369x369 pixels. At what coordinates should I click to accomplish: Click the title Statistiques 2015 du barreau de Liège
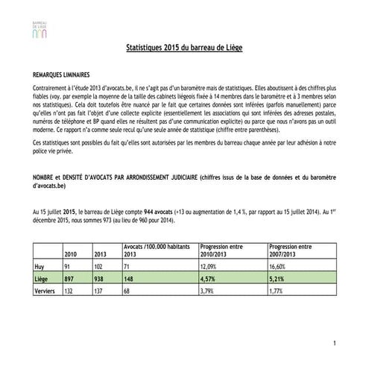(x=184, y=48)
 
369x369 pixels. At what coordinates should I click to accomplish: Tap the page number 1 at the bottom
(x=336, y=341)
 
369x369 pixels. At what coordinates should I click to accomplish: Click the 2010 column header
(x=72, y=254)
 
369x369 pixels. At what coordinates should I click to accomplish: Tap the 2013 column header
(x=98, y=254)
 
